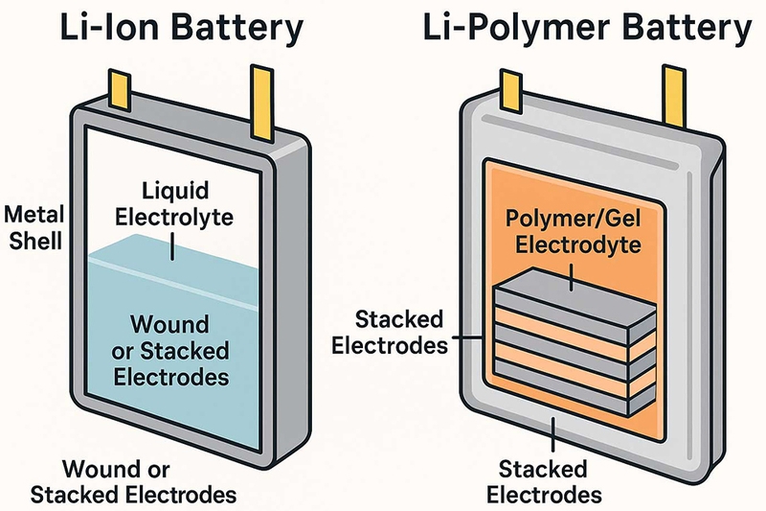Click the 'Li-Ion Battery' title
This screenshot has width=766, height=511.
pos(181,28)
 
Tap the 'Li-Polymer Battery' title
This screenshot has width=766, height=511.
pos(587,28)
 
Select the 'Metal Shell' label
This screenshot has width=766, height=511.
pos(34,228)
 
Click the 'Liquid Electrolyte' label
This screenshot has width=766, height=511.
pos(174,203)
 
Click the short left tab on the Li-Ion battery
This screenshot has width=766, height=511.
pos(119,90)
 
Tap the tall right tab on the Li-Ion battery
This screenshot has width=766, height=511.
pos(262,103)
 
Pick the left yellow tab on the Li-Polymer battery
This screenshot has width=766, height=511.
pos(511,92)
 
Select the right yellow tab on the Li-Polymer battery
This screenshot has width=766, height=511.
pos(674,96)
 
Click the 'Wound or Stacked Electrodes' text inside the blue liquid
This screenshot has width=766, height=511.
pos(170,351)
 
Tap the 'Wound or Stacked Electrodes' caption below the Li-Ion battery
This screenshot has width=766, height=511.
pos(133,481)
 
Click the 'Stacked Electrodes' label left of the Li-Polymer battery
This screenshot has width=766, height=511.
pos(390,332)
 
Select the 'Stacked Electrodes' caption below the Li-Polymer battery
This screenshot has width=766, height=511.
pos(544,481)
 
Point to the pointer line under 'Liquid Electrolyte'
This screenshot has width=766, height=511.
pos(172,246)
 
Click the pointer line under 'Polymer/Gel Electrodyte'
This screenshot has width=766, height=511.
pos(571,277)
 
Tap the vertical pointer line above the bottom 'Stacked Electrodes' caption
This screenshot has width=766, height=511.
pos(552,433)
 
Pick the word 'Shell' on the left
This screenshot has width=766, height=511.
pos(36,242)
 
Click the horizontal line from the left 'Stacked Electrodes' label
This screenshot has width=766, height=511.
pos(467,337)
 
